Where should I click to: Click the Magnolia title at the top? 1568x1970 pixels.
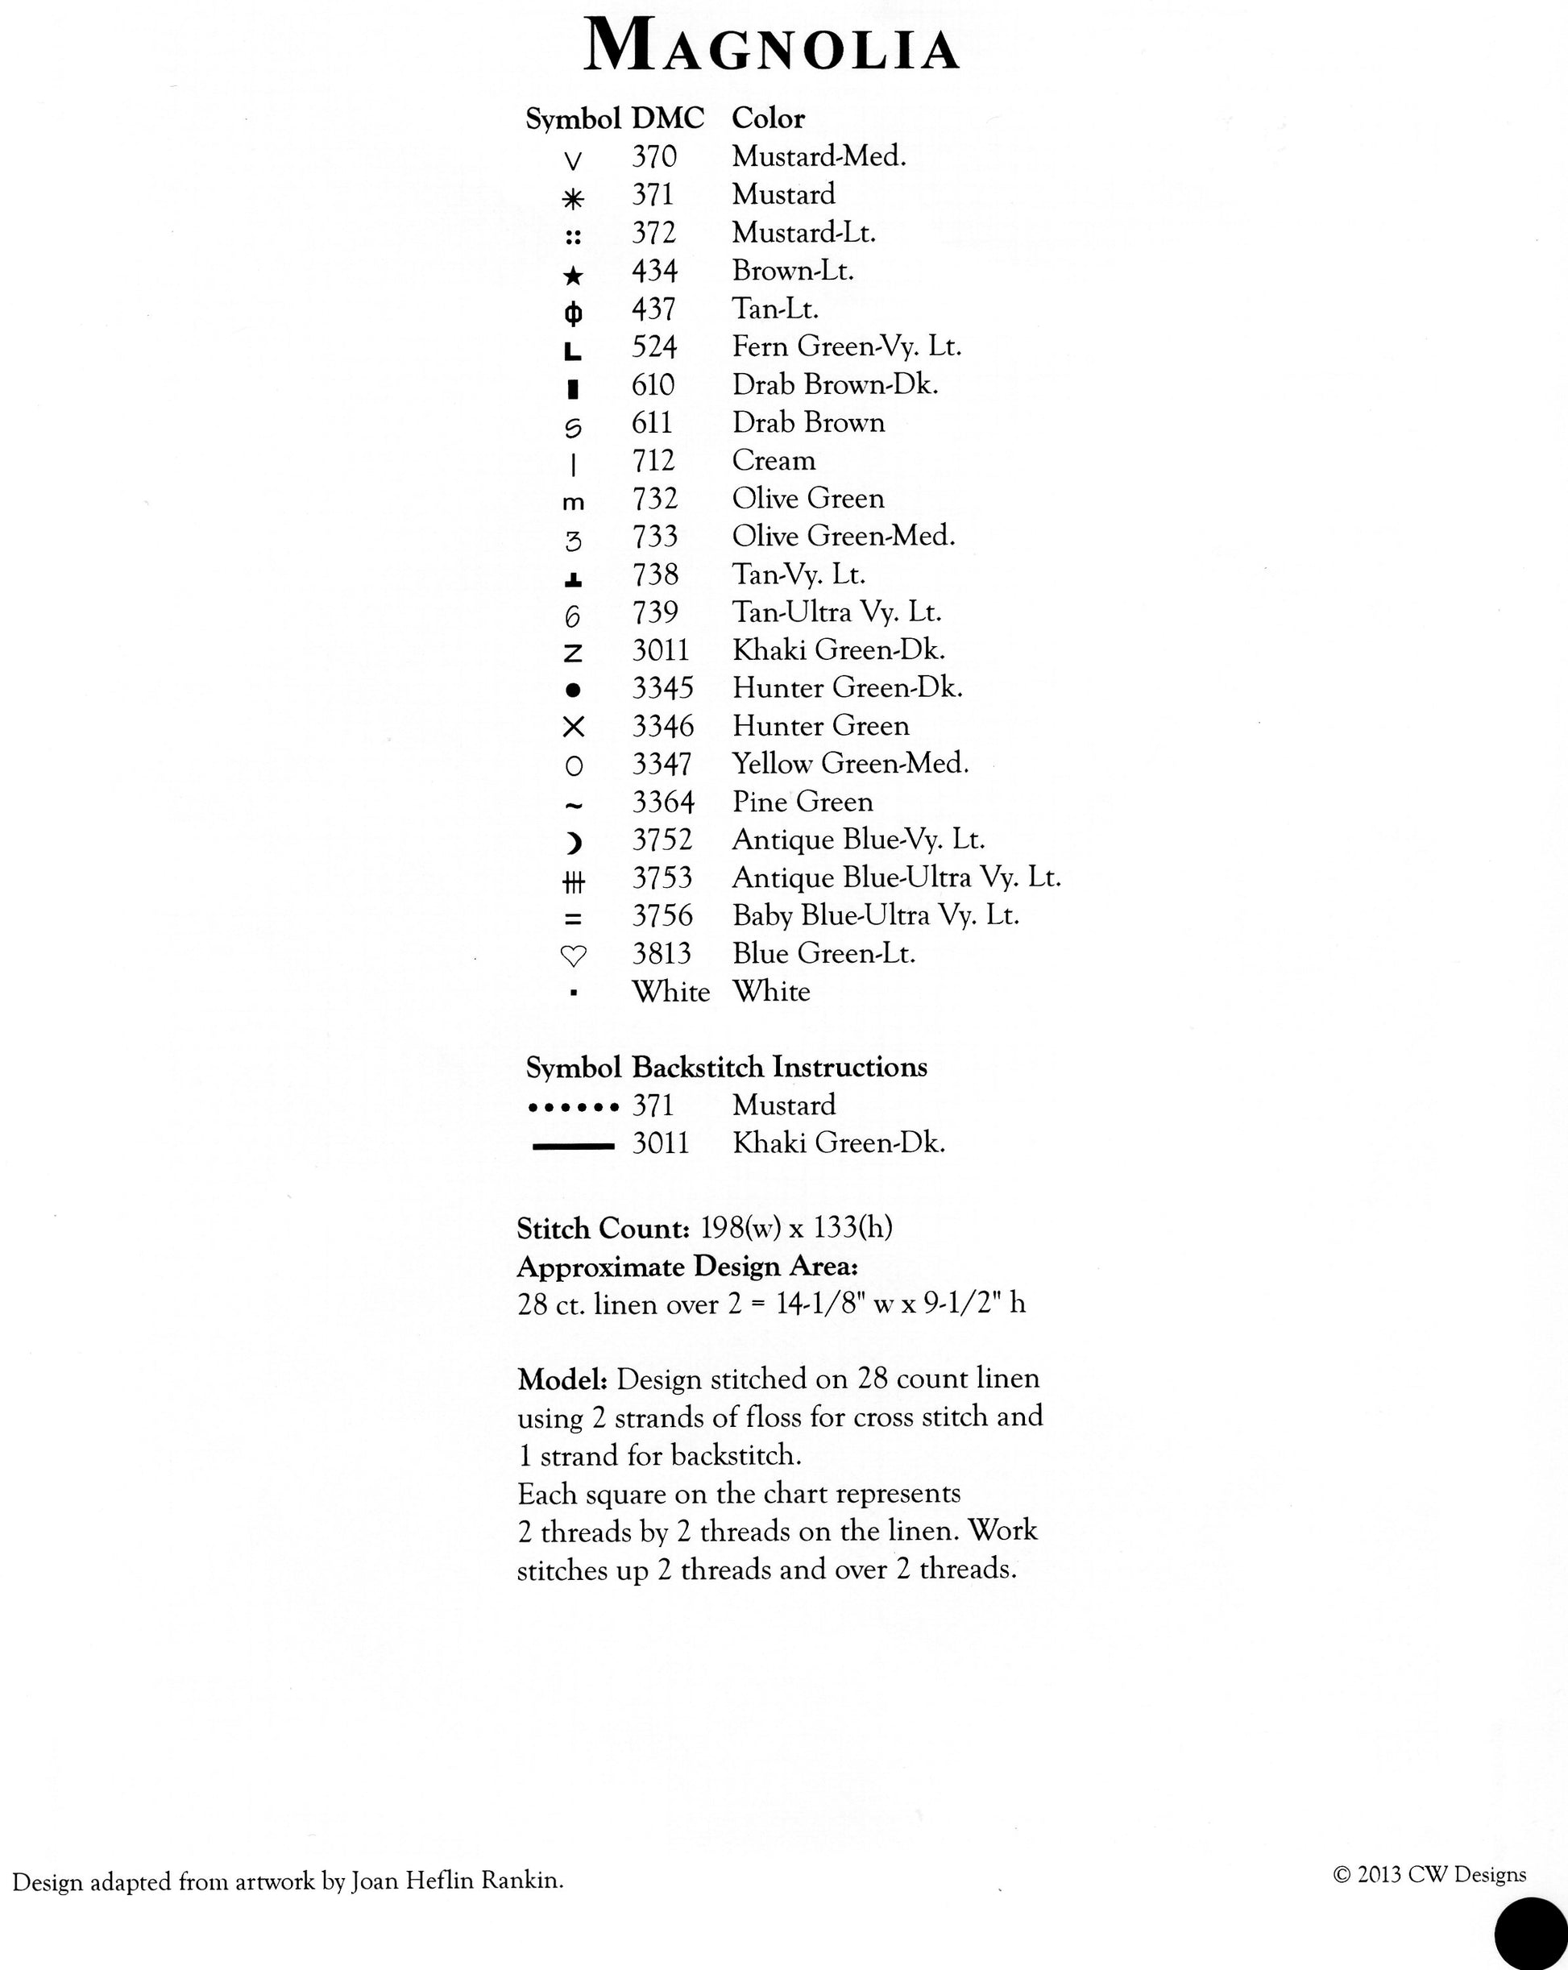771,46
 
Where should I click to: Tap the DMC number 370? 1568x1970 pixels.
653,157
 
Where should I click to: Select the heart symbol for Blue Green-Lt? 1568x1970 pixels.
573,956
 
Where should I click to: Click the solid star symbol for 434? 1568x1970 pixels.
573,275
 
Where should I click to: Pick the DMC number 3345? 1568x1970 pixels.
662,688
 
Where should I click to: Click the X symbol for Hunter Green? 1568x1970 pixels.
573,728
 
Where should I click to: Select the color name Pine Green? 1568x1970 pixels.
803,803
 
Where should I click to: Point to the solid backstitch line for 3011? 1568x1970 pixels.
573,1146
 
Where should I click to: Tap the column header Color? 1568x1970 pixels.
768,118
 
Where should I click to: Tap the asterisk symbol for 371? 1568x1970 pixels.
573,198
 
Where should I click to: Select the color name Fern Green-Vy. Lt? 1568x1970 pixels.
846,346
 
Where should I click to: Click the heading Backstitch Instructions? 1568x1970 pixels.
779,1068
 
